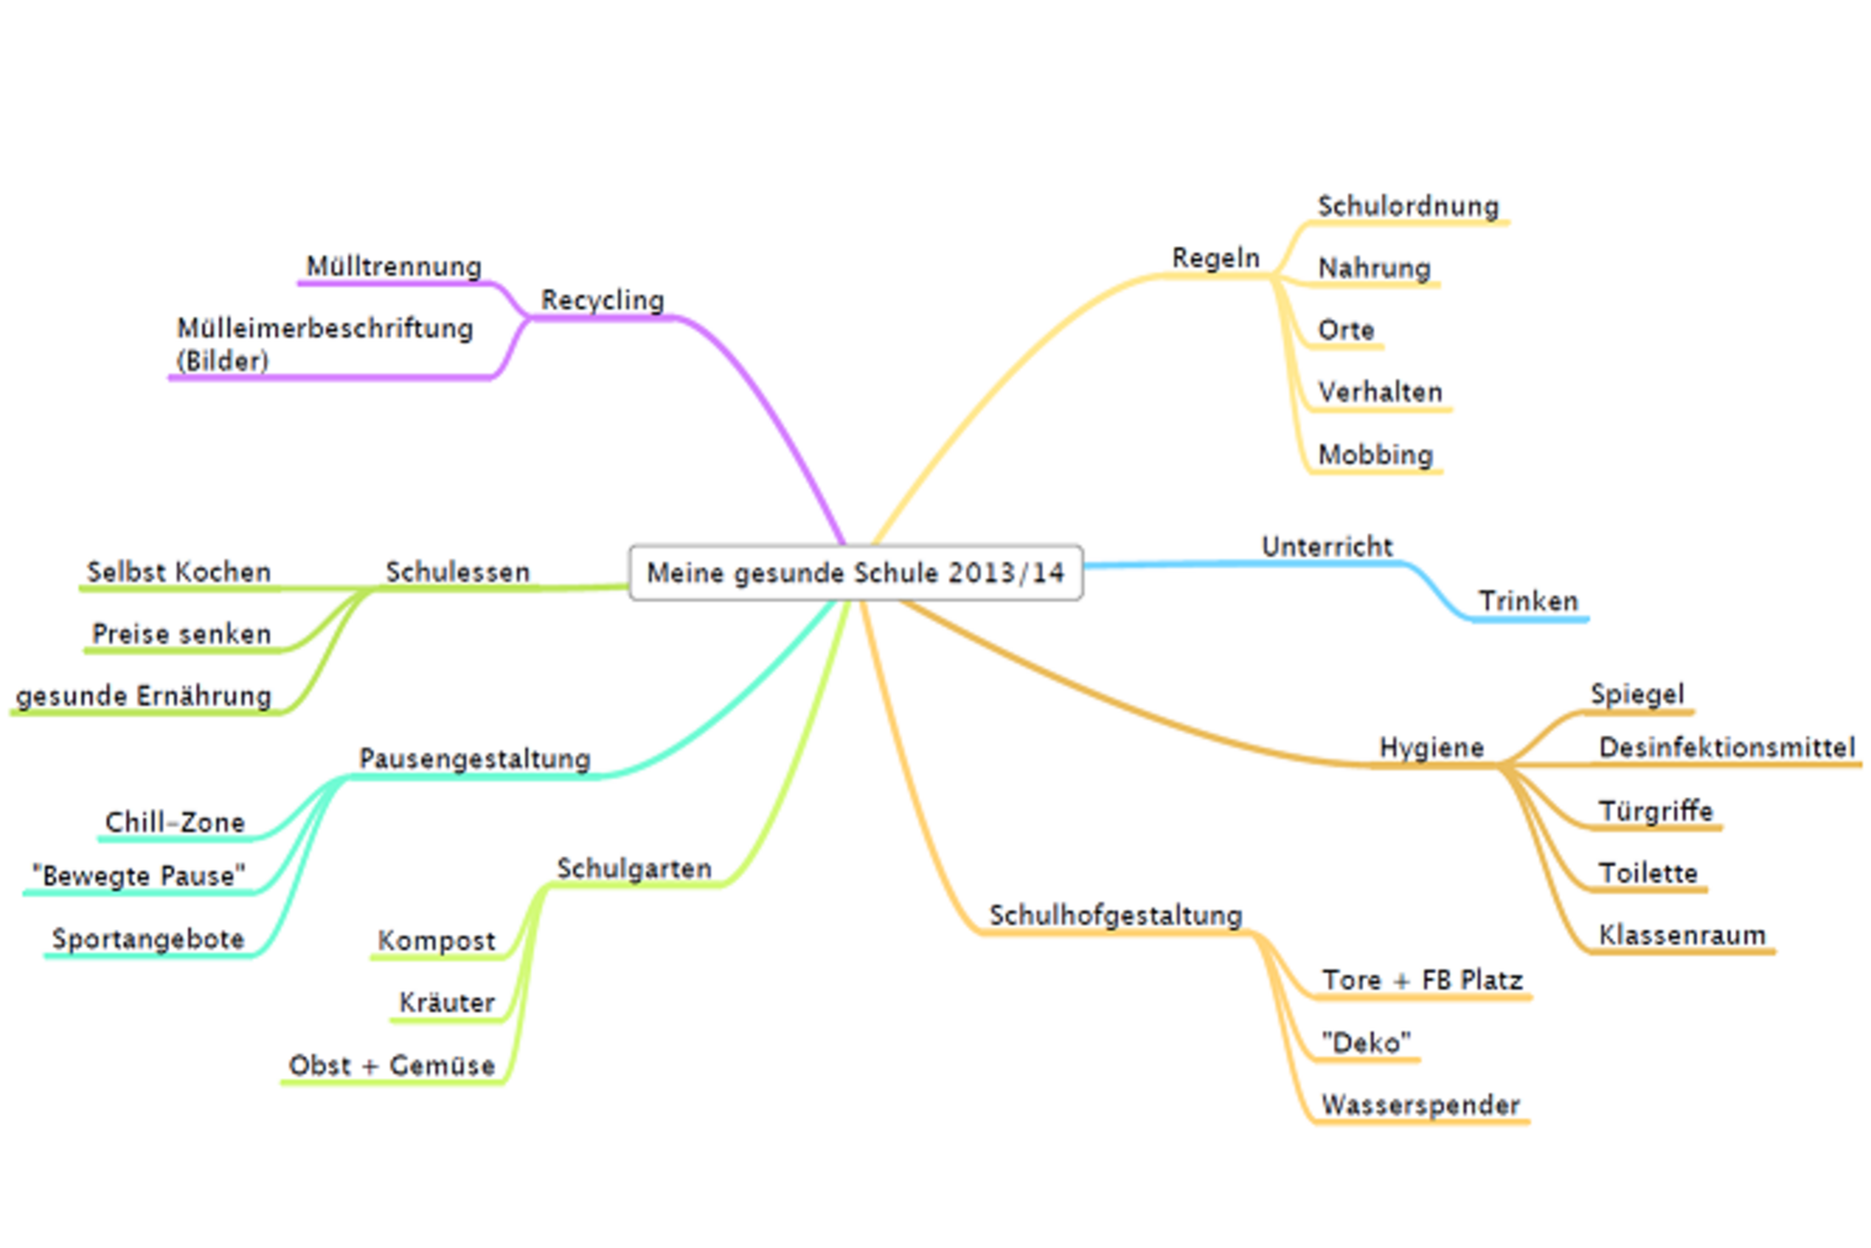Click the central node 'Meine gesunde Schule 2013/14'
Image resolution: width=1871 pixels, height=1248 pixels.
point(855,573)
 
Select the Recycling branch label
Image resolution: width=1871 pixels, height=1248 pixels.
point(602,300)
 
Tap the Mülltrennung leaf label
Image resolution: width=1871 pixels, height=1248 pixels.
point(394,266)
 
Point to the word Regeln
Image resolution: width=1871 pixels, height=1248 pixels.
point(1215,258)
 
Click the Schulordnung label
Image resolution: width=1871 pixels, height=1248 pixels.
point(1408,206)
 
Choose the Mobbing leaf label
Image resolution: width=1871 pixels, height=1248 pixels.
point(1375,454)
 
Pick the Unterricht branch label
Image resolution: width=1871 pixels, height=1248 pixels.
point(1327,546)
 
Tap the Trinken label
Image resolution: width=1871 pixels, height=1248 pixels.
point(1528,601)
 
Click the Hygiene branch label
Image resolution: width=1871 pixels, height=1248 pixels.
point(1431,748)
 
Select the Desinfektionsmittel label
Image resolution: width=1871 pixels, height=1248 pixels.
point(1726,748)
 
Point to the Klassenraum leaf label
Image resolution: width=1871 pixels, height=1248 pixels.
point(1682,935)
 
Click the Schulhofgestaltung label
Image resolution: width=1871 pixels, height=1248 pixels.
point(1115,915)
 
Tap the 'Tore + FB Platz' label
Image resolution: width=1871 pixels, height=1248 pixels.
point(1422,980)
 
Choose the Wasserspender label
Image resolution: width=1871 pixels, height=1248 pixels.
point(1420,1105)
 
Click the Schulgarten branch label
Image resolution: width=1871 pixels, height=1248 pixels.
point(634,869)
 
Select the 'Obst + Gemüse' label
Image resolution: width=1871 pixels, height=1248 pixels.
point(391,1065)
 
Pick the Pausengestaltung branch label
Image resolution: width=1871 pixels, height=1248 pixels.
point(475,759)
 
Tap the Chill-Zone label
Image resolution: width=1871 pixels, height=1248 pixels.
point(174,823)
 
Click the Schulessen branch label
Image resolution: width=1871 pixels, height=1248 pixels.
point(458,572)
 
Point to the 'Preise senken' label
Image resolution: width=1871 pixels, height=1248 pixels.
point(181,634)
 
